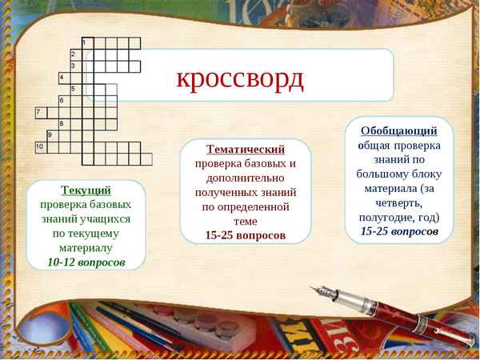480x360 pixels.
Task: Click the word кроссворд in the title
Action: pyautogui.click(x=240, y=78)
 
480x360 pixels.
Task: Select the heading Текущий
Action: pyautogui.click(x=86, y=190)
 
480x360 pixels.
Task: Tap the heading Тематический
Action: pyautogui.click(x=246, y=149)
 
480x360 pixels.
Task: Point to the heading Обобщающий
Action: pyautogui.click(x=398, y=130)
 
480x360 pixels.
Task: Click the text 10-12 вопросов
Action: pyautogui.click(x=86, y=262)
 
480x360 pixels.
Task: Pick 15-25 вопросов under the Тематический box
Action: pyautogui.click(x=245, y=235)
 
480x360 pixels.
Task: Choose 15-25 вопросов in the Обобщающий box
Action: pyautogui.click(x=399, y=230)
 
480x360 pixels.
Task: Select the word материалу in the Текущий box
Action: pyautogui.click(x=86, y=247)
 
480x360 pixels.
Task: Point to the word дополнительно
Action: pyautogui.click(x=246, y=178)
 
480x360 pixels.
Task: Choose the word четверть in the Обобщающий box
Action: pyautogui.click(x=386, y=202)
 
